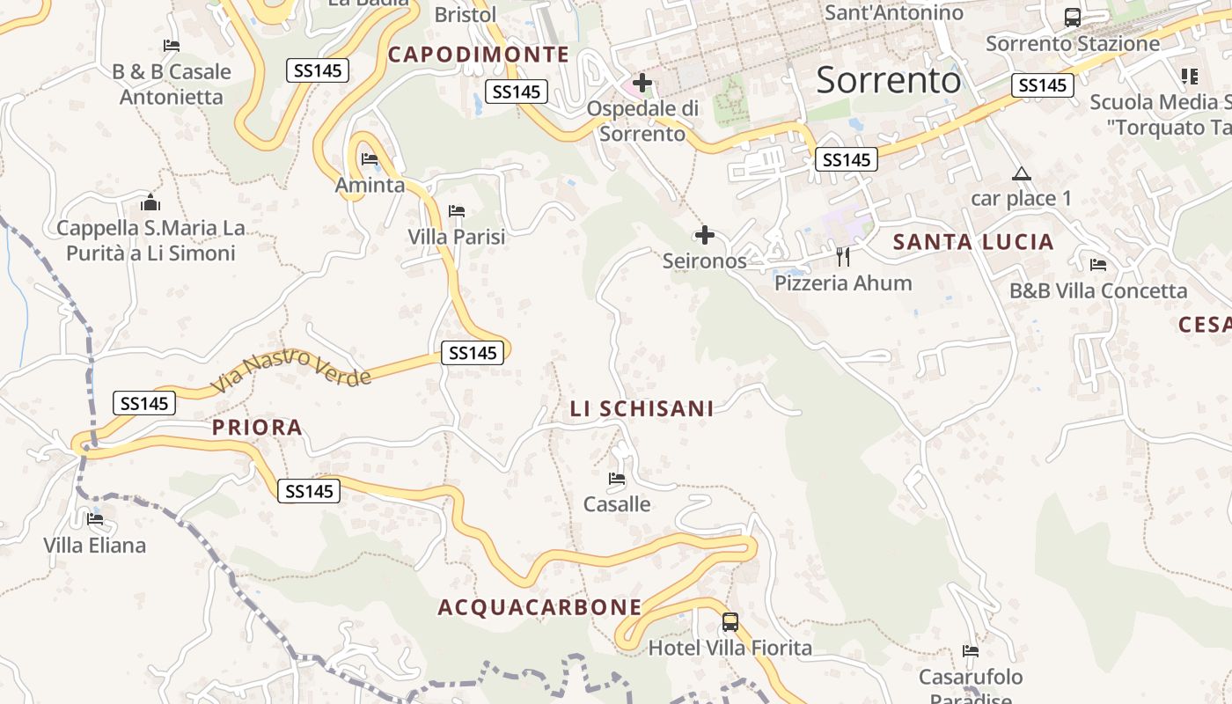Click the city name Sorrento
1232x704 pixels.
[889, 80]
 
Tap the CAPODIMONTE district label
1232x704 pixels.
[479, 55]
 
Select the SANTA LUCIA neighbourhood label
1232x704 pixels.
[973, 242]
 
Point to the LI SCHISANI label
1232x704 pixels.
[642, 408]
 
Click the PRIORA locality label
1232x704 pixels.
[257, 428]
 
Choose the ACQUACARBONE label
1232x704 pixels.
[539, 607]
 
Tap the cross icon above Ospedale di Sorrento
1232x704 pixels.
[642, 84]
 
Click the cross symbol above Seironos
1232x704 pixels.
[704, 235]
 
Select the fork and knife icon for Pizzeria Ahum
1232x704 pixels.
[843, 257]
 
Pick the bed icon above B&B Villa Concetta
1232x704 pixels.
[1097, 264]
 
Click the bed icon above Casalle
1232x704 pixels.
[617, 479]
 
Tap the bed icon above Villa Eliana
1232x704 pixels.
[95, 519]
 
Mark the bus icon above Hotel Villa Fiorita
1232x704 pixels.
[730, 622]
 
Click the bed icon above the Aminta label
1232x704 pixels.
[370, 159]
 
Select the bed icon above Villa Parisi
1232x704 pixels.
[456, 211]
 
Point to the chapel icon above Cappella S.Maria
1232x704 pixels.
[150, 203]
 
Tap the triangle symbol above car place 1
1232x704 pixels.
[1021, 173]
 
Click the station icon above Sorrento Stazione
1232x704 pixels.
[1072, 17]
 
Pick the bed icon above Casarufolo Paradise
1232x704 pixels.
[971, 651]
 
